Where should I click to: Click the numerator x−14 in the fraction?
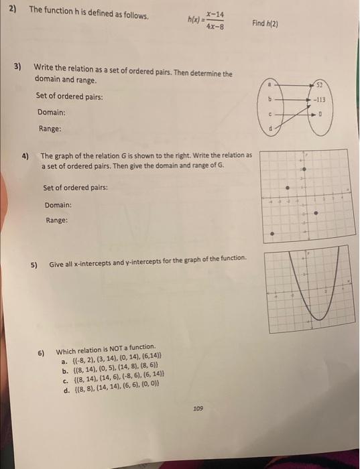point(215,14)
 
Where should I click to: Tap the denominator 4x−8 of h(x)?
point(215,27)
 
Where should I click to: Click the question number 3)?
point(19,68)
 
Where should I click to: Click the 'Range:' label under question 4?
point(56,219)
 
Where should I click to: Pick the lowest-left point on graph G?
point(272,234)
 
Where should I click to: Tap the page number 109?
point(198,407)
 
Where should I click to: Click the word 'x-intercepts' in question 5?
point(88,259)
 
